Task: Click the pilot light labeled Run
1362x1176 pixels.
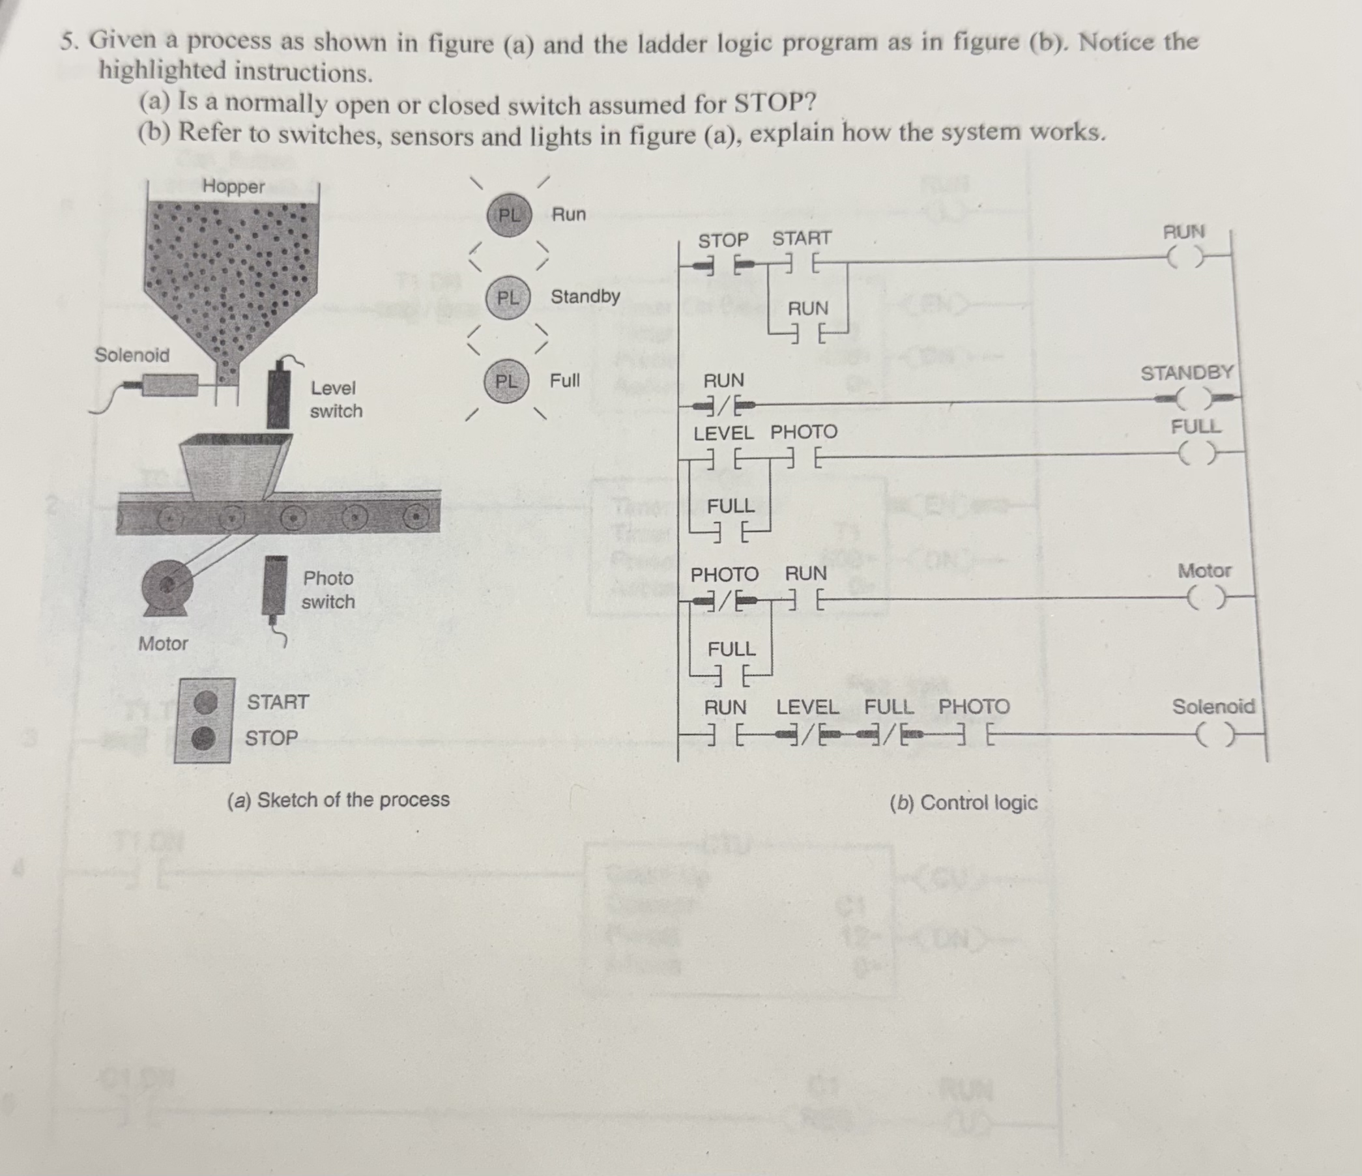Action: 508,214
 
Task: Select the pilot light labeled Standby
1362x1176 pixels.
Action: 507,298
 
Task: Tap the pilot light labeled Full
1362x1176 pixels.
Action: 506,381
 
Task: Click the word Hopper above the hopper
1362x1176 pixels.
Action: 233,186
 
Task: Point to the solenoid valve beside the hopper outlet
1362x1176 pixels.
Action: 169,384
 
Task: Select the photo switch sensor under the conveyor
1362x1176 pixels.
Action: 274,584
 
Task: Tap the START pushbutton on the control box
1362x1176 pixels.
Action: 207,702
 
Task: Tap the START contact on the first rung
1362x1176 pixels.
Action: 801,265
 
